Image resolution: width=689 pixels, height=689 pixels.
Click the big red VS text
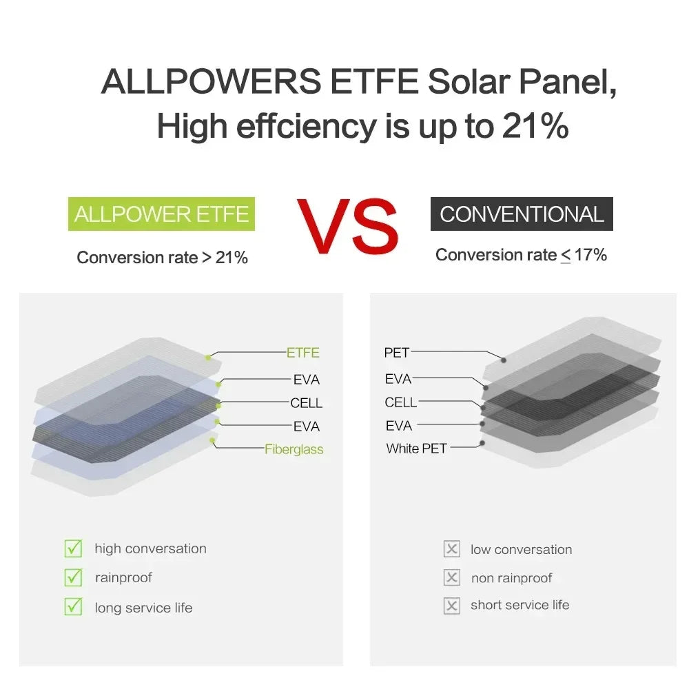coord(348,225)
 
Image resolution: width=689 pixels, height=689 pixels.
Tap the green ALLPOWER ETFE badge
coord(161,214)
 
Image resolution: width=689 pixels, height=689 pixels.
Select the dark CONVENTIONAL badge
coord(522,214)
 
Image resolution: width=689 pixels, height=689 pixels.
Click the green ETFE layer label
coord(303,353)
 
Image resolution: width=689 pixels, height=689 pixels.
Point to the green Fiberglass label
coord(294,449)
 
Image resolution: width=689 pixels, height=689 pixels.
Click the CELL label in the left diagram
coord(307,403)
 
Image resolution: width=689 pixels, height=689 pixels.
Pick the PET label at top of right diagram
coord(397,353)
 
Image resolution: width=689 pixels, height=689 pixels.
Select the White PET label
coord(416,449)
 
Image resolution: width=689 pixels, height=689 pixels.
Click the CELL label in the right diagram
coord(401,402)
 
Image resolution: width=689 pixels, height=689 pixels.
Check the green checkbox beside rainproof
coord(73,577)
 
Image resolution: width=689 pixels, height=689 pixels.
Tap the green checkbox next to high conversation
coord(73,548)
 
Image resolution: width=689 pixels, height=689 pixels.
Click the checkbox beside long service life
coord(73,607)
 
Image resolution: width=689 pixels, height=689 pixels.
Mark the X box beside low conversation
coord(452,549)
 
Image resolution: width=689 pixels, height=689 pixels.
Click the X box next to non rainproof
coord(452,577)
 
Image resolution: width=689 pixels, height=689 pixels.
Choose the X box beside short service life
coord(452,606)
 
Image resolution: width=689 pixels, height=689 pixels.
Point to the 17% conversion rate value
coord(591,255)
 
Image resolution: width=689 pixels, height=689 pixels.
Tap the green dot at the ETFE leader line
coord(208,358)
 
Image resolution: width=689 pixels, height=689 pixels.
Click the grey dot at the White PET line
coord(482,444)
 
